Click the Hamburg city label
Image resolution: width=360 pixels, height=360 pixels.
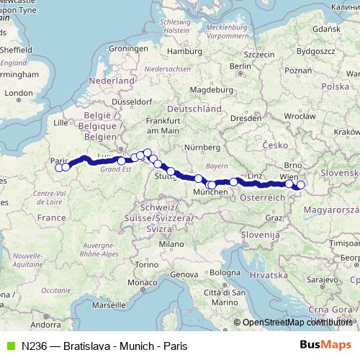click(181, 51)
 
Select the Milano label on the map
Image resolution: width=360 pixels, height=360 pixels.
click(172, 244)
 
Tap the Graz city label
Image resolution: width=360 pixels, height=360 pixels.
click(274, 217)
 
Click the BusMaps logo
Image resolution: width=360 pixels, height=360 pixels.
click(325, 346)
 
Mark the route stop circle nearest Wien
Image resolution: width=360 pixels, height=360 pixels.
click(289, 184)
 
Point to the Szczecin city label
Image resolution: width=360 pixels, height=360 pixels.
click(259, 54)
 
